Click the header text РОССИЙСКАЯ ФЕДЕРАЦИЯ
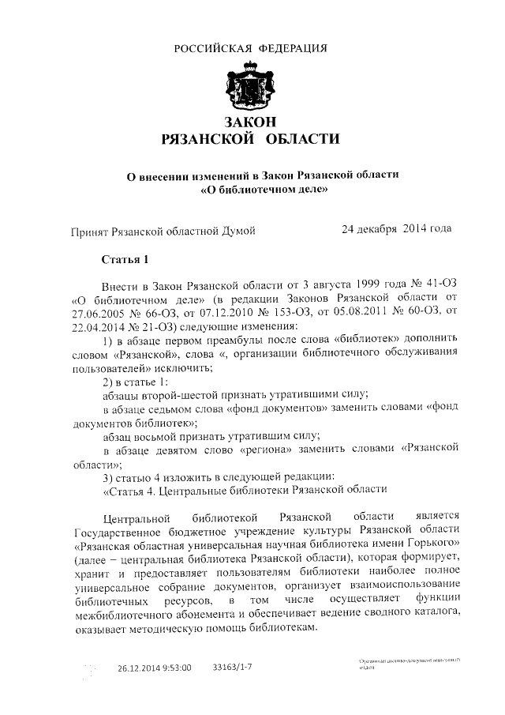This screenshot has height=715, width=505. (251, 48)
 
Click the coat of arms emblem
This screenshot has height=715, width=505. (251, 84)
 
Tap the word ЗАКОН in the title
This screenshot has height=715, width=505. (251, 121)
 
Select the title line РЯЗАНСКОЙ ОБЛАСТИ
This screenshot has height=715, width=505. (251, 140)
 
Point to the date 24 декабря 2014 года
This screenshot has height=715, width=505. (396, 229)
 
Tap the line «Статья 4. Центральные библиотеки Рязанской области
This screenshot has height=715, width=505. (245, 489)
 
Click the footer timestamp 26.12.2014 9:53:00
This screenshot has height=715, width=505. (155, 668)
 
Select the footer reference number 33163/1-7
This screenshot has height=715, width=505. (234, 668)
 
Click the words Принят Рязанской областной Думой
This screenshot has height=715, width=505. (163, 231)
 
